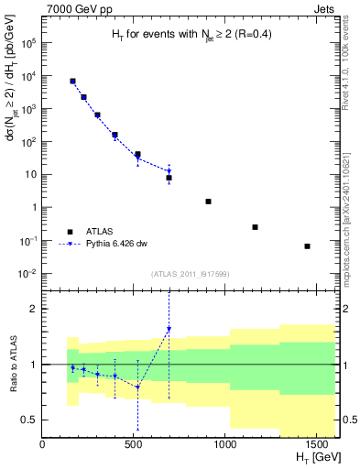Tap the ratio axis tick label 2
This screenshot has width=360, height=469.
(x=35, y=309)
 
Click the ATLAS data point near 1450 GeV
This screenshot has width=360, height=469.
(x=307, y=246)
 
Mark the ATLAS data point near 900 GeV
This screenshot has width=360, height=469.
(x=208, y=202)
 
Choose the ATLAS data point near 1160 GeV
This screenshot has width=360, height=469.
(x=255, y=227)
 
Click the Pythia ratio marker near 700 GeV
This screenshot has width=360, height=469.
(x=169, y=329)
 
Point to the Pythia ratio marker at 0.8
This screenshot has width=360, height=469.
(x=137, y=387)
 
